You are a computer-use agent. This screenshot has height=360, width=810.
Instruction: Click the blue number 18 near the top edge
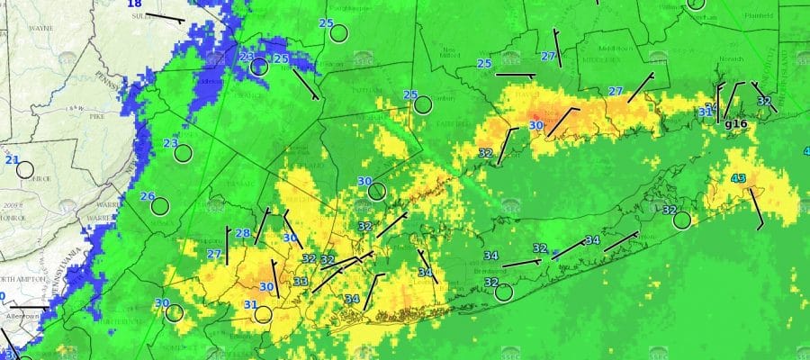pos(134,4)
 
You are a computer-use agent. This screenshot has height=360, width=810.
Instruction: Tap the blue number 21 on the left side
pos(12,160)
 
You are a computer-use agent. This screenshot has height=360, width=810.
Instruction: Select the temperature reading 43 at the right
pos(738,178)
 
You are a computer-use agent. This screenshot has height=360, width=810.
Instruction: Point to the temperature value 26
pos(148,196)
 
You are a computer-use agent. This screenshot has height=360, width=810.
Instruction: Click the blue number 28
pos(243,233)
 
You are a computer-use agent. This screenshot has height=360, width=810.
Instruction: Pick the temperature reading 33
pos(300,282)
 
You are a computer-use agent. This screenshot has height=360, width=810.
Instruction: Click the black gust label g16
pos(736,124)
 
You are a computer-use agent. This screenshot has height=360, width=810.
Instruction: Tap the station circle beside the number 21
pos(25,169)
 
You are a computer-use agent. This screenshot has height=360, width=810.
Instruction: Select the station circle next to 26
pos(160,206)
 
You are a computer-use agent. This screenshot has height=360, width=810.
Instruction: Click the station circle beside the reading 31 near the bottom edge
pos(263,314)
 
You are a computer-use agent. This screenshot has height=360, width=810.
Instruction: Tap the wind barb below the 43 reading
pos(756,209)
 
